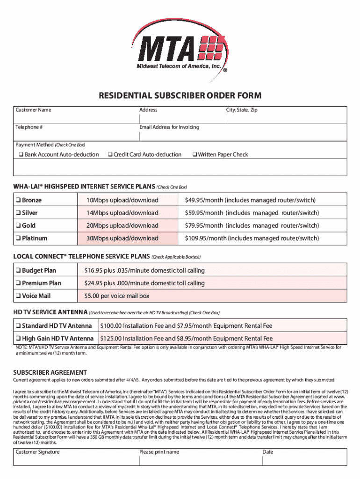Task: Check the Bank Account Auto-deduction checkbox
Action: (x=21, y=155)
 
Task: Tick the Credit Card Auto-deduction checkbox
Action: (x=110, y=155)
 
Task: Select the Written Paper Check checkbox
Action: (x=195, y=155)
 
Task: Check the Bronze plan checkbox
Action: (x=18, y=201)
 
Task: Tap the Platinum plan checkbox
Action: (x=18, y=238)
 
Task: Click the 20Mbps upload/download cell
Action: (x=122, y=225)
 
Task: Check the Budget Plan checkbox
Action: (x=18, y=270)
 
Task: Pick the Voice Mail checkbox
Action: (x=18, y=296)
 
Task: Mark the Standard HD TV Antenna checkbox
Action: (x=18, y=326)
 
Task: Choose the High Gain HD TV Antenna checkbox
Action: (x=18, y=338)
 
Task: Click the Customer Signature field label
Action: (x=37, y=452)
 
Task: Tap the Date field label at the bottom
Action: (x=268, y=452)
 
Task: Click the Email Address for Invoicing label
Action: (x=169, y=127)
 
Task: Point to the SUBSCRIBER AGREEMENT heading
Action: (x=50, y=372)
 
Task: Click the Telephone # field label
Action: (x=29, y=127)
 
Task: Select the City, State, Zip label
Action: (x=242, y=110)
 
